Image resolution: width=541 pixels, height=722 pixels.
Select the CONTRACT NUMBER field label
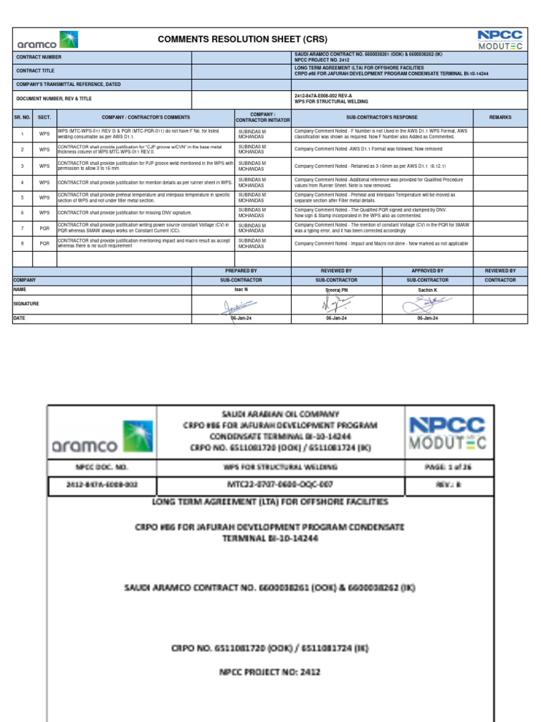pyautogui.click(x=39, y=56)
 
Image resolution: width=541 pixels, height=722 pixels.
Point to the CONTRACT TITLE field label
pyautogui.click(x=35, y=71)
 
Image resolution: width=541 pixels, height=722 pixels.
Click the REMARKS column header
pyautogui.click(x=500, y=117)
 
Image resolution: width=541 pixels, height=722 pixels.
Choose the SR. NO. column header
pyautogui.click(x=23, y=117)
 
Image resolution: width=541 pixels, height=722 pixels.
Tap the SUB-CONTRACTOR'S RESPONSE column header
pyautogui.click(x=382, y=117)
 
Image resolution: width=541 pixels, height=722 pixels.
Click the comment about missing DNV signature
pyautogui.click(x=125, y=212)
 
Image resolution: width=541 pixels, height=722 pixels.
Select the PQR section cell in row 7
pyautogui.click(x=44, y=228)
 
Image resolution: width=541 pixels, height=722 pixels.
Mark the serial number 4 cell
pyautogui.click(x=23, y=182)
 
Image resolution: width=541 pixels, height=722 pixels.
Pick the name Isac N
pyautogui.click(x=241, y=289)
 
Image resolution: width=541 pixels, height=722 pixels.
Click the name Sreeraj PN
pyautogui.click(x=336, y=289)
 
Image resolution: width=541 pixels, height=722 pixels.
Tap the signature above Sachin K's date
pyautogui.click(x=427, y=304)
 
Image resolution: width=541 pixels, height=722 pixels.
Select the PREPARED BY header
pyautogui.click(x=241, y=271)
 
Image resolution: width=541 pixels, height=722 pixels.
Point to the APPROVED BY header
pyautogui.click(x=427, y=271)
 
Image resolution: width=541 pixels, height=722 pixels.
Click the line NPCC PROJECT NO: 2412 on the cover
pyautogui.click(x=271, y=672)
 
